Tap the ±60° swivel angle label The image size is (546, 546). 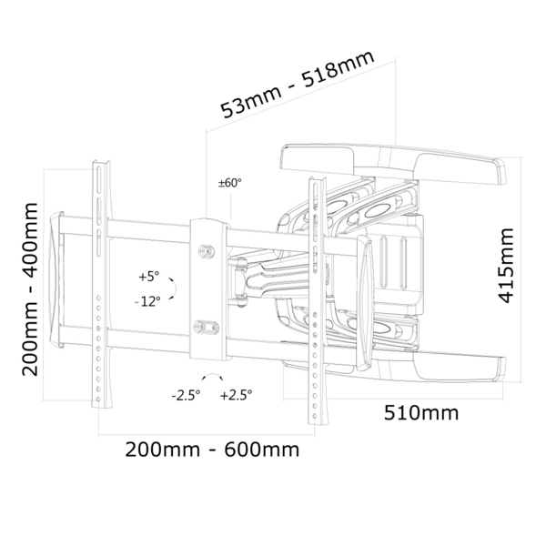229,182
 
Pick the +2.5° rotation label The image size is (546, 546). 237,395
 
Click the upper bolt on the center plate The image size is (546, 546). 206,248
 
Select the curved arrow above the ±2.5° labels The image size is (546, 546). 211,378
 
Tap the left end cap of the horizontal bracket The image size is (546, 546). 60,283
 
